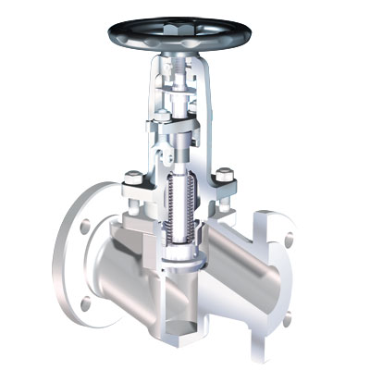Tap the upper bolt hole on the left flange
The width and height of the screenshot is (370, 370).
85,225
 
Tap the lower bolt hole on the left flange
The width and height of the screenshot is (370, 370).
85,303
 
